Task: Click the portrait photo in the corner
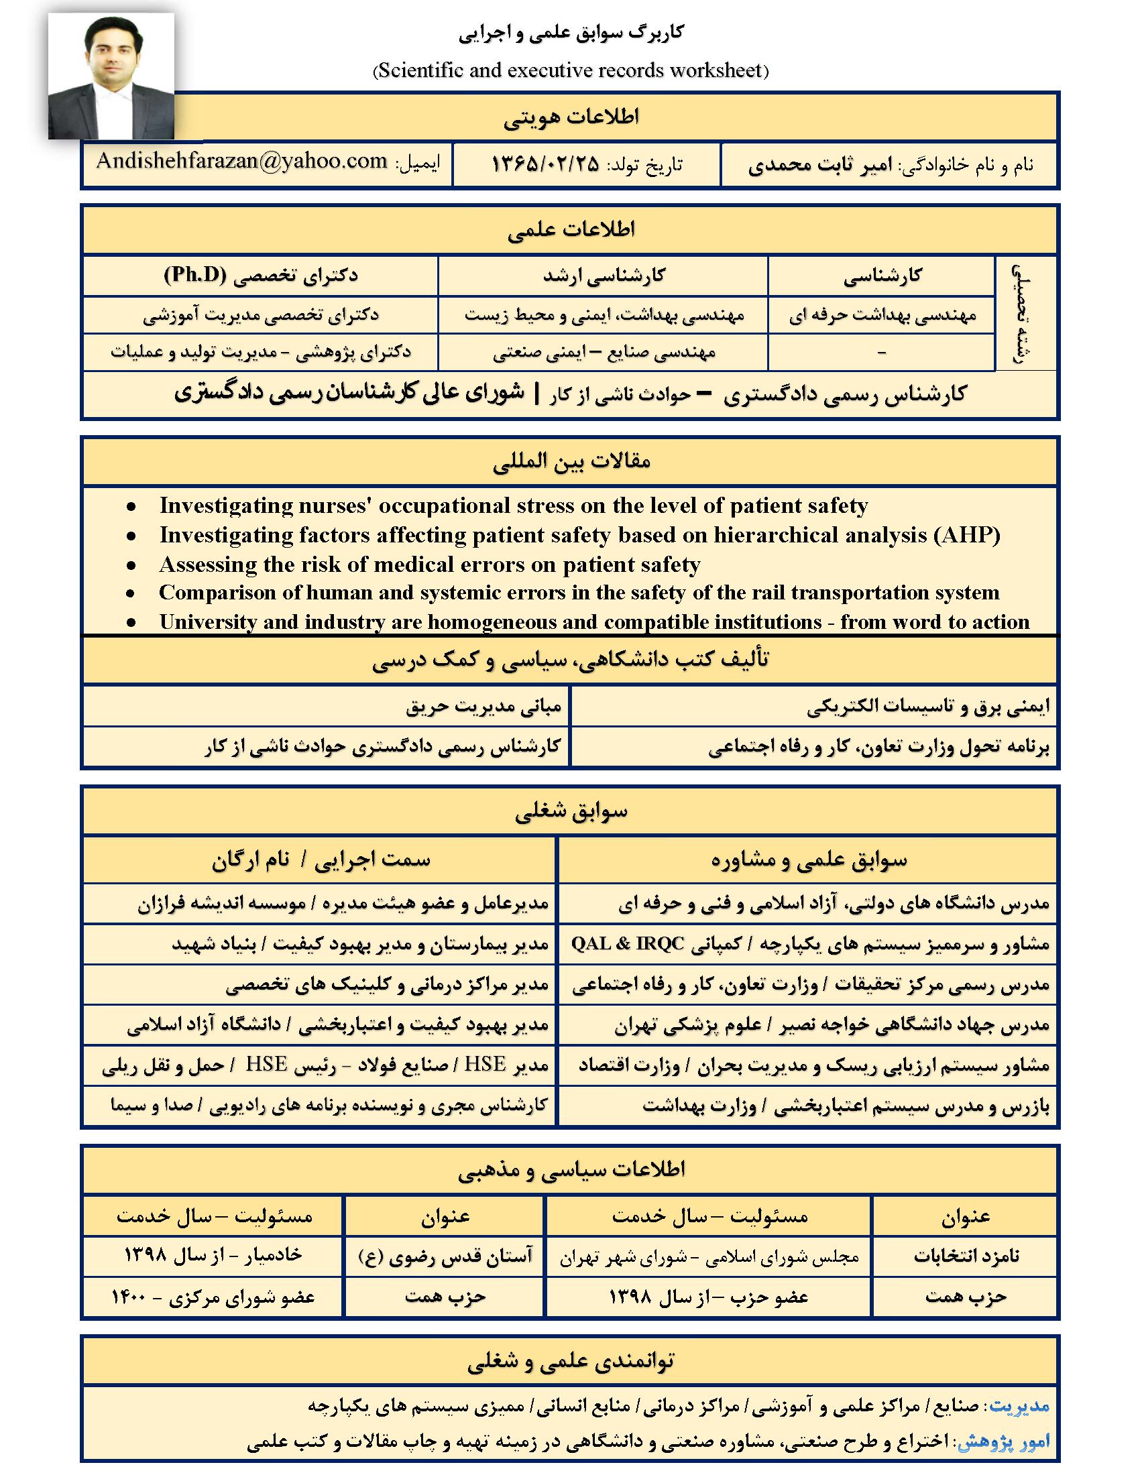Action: [x=111, y=76]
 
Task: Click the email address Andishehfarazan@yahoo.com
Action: [x=241, y=161]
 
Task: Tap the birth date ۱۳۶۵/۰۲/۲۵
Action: [x=545, y=164]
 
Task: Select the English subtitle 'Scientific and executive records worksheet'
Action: [x=571, y=71]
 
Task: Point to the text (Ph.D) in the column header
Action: [x=196, y=276]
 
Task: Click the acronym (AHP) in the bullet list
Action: [x=967, y=535]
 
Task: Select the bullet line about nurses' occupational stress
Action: [x=513, y=506]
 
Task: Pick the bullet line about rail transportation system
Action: [x=579, y=592]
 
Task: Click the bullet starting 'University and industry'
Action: [x=594, y=622]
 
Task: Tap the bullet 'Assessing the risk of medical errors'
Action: [x=430, y=564]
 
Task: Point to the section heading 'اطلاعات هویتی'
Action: [x=571, y=117]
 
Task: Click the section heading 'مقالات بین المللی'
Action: [x=571, y=462]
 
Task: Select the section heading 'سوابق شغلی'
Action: [x=571, y=812]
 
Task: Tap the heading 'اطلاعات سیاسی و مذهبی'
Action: [x=571, y=1170]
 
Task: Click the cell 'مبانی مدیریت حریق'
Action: [x=483, y=707]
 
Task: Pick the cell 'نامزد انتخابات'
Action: [x=966, y=1256]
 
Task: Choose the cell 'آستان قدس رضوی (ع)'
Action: [x=445, y=1256]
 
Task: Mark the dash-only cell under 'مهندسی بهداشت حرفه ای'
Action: [x=881, y=353]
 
